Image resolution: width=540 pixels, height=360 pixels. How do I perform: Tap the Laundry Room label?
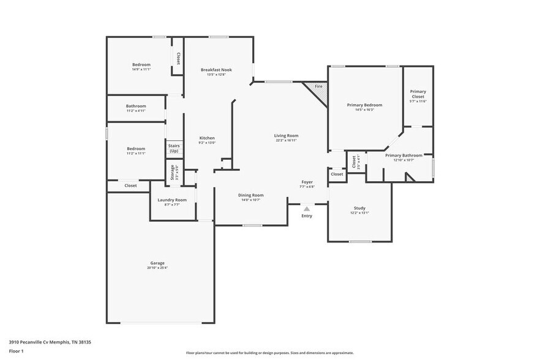coord(171,200)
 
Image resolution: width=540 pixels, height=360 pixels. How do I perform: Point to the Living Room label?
coord(286,135)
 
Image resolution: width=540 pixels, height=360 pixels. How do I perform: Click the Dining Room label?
coord(250,195)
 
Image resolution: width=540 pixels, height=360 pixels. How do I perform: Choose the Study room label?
coord(359,208)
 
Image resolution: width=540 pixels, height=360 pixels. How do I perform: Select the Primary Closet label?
coord(418,94)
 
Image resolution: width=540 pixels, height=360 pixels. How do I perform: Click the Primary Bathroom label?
coord(403,156)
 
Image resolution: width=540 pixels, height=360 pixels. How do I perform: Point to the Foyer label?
coord(307,182)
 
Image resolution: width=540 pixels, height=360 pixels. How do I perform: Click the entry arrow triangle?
coord(307,209)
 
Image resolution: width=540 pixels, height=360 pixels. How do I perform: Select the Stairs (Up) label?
coord(174,148)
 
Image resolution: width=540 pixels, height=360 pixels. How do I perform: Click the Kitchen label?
coord(207,138)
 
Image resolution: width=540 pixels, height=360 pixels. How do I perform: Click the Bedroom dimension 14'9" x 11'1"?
coord(141,69)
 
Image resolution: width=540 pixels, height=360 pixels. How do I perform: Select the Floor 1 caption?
coord(16,351)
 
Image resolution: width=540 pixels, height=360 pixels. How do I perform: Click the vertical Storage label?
coord(172,172)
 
